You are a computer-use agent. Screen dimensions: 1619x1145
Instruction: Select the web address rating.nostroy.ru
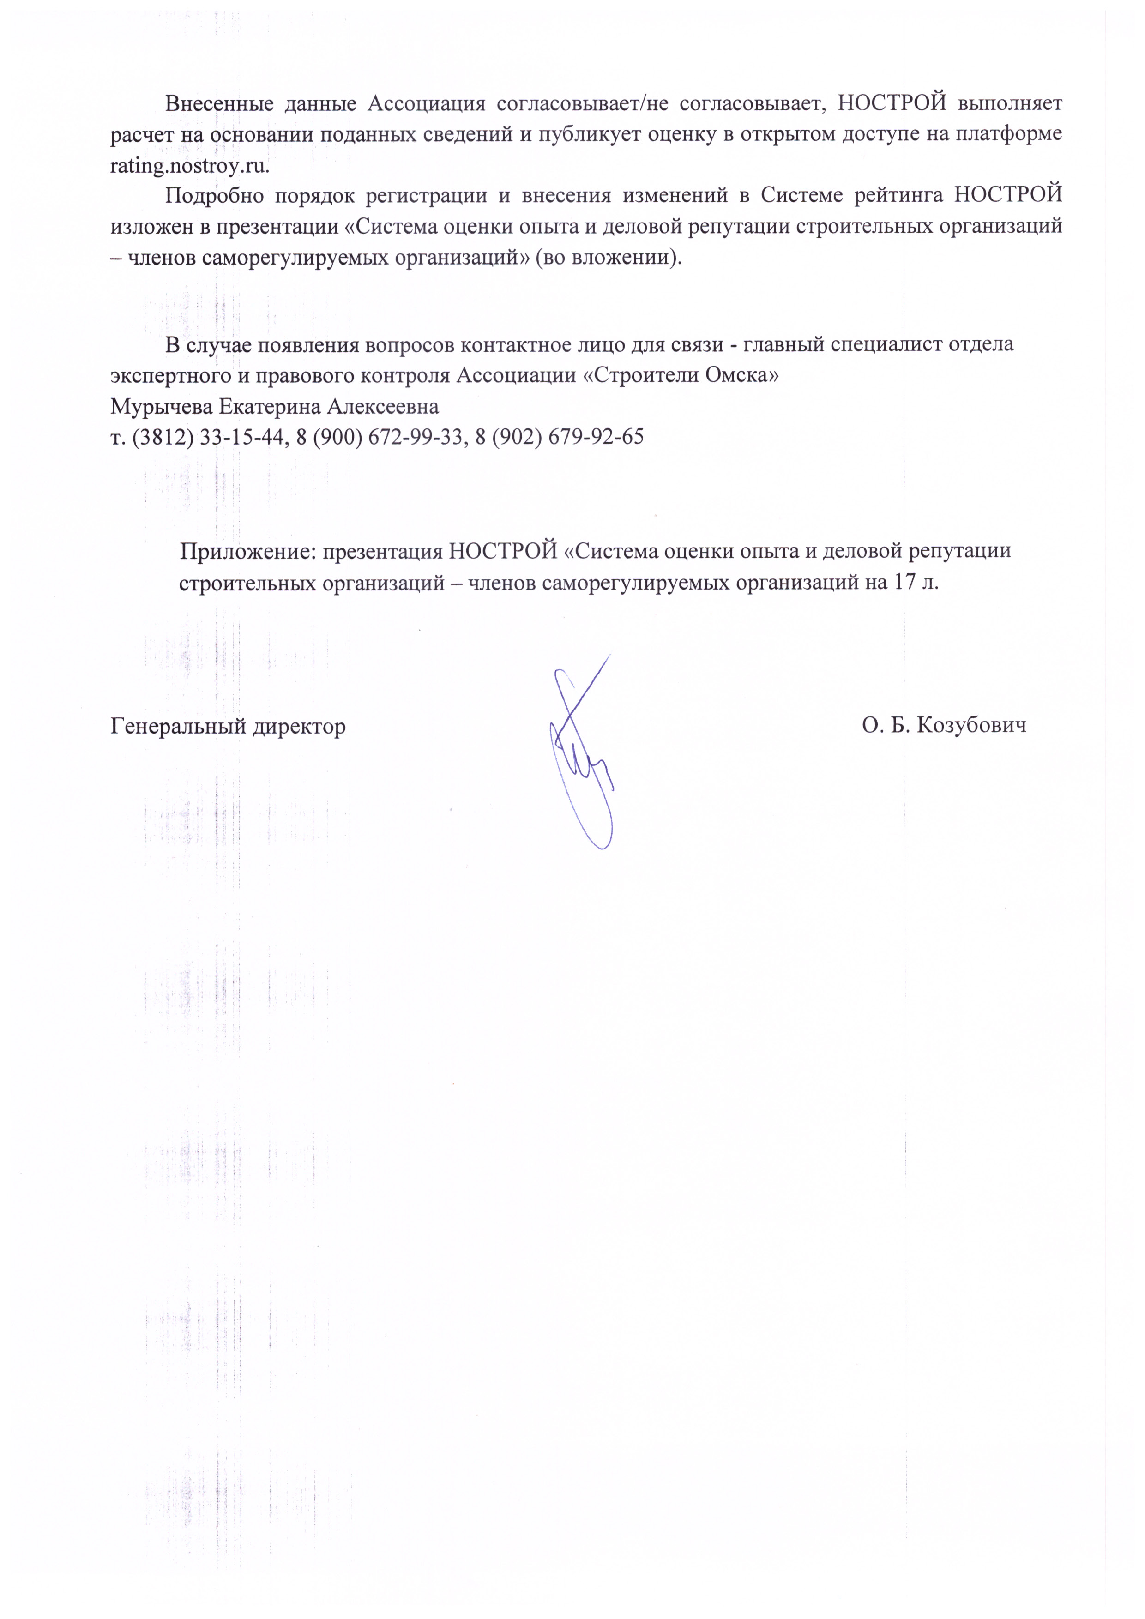[190, 166]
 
